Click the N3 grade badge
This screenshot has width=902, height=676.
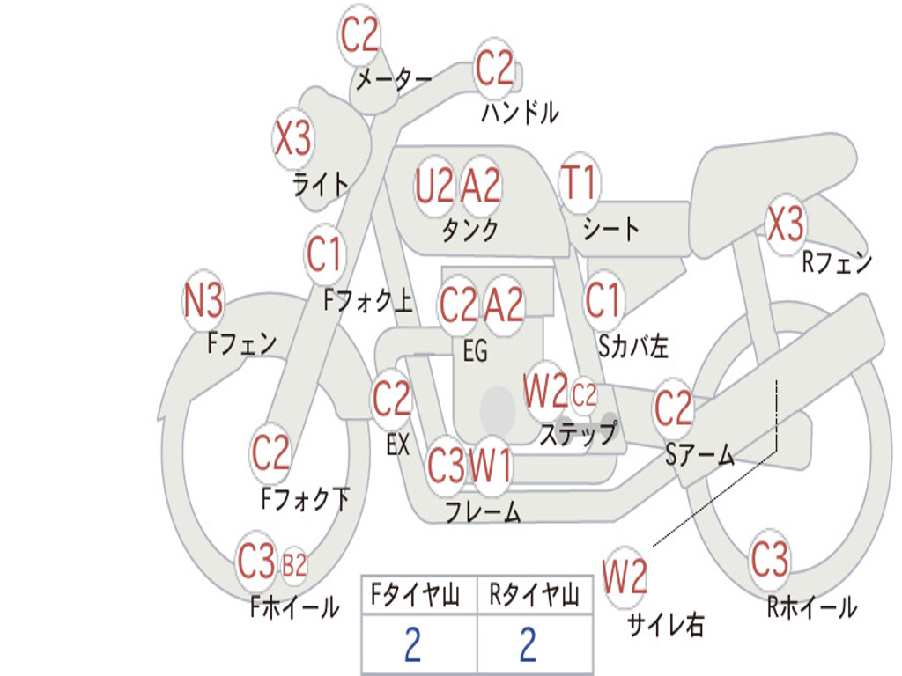tap(203, 302)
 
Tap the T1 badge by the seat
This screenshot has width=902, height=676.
tap(579, 183)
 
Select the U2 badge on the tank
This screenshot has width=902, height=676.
tap(434, 185)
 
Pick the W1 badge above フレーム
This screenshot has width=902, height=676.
tap(491, 465)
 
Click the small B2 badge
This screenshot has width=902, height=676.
tap(294, 564)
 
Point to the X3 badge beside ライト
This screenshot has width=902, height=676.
tap(292, 139)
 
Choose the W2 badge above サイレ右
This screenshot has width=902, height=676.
tap(625, 577)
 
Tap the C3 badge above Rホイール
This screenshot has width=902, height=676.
tap(770, 559)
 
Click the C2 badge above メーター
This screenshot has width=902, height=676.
tap(359, 35)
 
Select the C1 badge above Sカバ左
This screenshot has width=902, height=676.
tap(604, 300)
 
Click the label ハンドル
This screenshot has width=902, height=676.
tap(520, 113)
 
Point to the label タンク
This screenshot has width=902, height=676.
tap(469, 230)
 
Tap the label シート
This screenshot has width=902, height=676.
tap(611, 230)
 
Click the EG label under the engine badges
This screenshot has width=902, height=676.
tap(475, 350)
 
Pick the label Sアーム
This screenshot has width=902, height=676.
tap(699, 454)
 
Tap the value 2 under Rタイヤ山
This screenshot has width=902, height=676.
tap(528, 645)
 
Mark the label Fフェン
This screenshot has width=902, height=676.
tap(242, 342)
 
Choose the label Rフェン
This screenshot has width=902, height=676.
tap(836, 261)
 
